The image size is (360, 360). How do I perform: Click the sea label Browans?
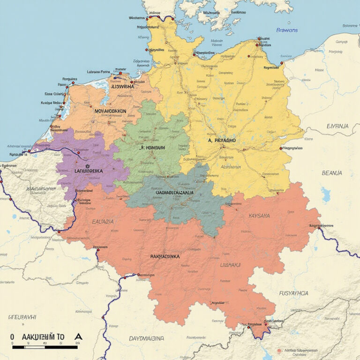287,30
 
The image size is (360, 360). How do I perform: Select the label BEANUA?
332,173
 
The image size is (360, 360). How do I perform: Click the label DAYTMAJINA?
147,338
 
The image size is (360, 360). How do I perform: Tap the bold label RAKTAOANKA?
165,256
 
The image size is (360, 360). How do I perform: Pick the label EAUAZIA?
102,221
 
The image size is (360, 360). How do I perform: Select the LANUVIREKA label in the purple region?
89,172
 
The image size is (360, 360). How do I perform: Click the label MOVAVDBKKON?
111,112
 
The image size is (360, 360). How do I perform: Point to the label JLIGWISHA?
119,86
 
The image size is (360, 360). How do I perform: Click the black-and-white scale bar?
45,347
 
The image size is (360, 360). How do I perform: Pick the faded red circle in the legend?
279,350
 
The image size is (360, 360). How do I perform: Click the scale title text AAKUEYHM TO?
43,337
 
